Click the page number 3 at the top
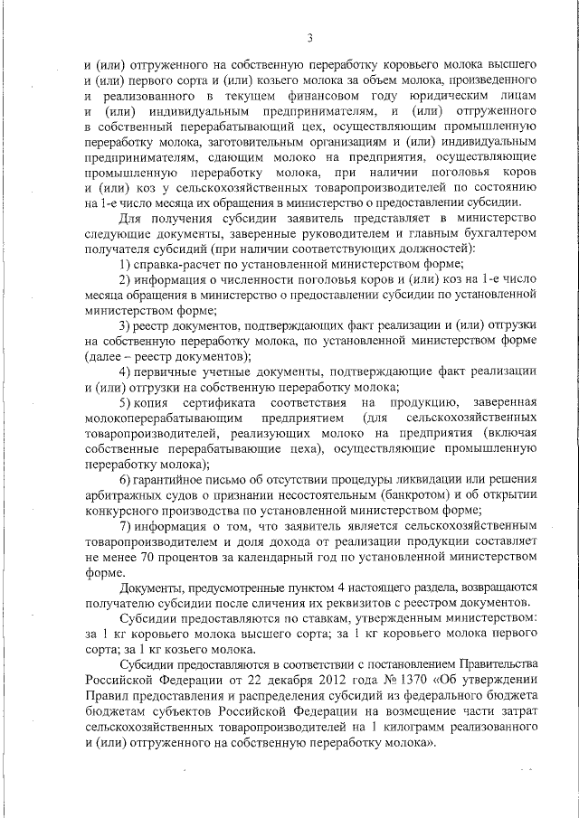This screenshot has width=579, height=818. (309, 37)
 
